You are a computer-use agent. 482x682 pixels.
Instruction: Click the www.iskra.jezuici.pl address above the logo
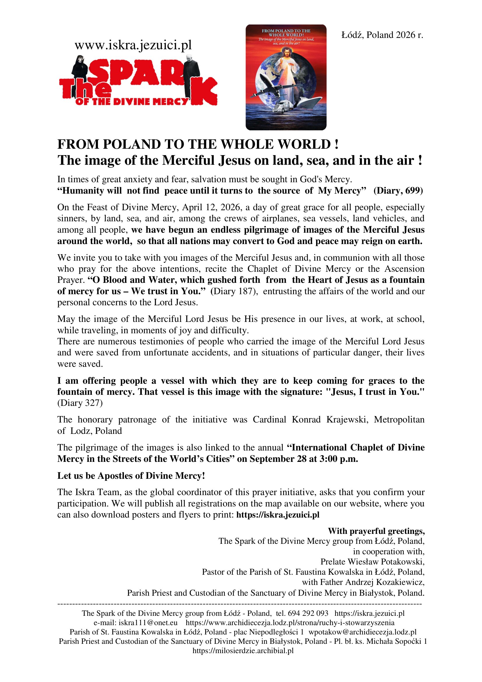coord(133,45)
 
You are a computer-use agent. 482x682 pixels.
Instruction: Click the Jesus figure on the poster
coord(286,68)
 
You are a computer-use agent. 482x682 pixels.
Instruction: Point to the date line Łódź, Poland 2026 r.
coord(382,35)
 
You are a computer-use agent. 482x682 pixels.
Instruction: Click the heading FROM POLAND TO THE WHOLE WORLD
coord(198,144)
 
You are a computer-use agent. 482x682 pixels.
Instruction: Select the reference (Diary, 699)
coord(398,190)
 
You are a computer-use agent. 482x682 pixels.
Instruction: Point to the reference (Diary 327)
coord(80,403)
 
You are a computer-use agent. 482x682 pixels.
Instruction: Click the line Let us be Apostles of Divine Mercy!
coord(131,476)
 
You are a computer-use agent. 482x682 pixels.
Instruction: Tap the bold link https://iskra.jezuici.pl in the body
coord(278,514)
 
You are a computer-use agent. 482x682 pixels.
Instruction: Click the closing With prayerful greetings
coord(376,531)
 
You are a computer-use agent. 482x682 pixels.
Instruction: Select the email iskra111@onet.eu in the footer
coord(148,623)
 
